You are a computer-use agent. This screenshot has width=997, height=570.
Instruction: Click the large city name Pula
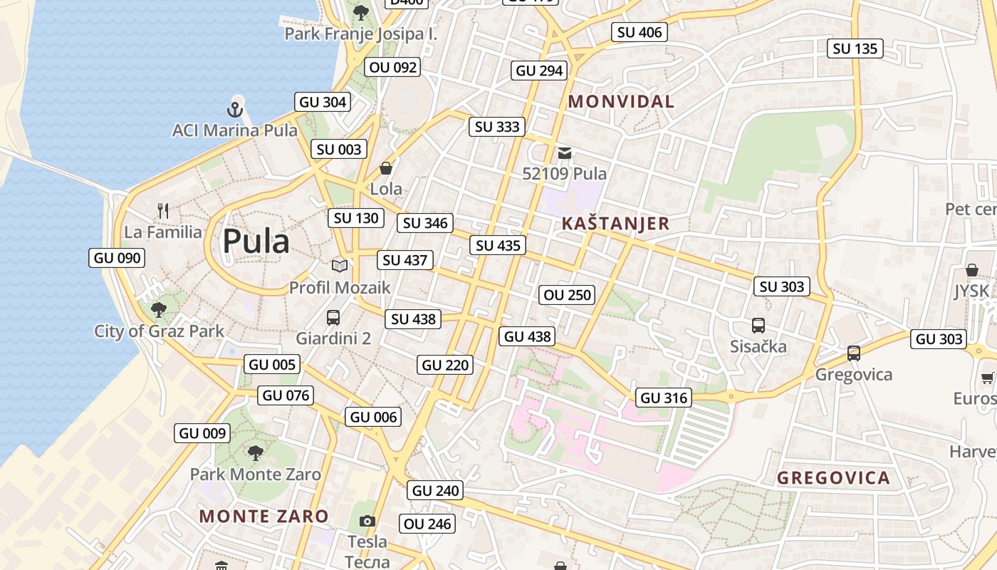point(256,242)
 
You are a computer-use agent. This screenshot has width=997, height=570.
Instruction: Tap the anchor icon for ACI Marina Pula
point(235,110)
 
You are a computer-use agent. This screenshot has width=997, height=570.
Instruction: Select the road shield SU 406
point(639,32)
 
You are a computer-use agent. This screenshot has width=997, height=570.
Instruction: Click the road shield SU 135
point(855,48)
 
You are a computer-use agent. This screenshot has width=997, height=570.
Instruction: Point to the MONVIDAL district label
point(621,102)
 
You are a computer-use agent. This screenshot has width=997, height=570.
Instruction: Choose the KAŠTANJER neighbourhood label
point(615,224)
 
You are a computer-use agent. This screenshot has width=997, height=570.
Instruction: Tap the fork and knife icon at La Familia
point(163,210)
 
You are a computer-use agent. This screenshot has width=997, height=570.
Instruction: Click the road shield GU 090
point(117,258)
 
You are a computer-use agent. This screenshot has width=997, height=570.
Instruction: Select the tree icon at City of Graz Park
point(159,310)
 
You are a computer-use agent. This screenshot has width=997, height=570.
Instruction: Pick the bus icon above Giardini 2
point(333,318)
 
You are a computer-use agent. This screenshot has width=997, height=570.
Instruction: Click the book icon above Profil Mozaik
point(340,266)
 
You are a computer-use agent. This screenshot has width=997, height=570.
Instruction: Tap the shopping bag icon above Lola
point(386,168)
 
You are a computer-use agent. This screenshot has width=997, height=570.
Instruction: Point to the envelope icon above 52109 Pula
point(565,152)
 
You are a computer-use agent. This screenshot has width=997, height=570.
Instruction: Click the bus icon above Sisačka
point(758,326)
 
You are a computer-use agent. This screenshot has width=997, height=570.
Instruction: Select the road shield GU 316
point(664,398)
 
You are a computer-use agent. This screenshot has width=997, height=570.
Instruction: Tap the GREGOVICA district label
point(833,478)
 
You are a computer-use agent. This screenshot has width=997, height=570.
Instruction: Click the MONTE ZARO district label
point(263,517)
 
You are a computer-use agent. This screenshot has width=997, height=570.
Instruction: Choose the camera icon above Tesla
point(367,521)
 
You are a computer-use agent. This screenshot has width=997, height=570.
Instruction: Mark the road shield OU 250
point(568,295)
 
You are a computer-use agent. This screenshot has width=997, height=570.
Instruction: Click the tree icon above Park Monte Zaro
point(255,452)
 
